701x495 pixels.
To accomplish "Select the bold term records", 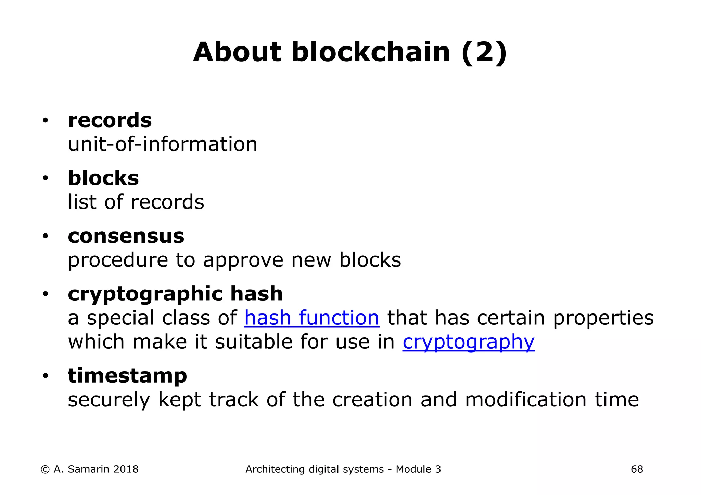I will pos(110,120).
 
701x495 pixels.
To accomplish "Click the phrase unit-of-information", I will pos(163,144).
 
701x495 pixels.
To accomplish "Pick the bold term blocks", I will pos(103,178).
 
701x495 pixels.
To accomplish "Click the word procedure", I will pos(118,260).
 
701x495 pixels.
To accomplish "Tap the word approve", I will pos(243,260).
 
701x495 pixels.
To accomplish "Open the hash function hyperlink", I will pos(311,318).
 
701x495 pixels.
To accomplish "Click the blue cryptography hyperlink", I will pos(468,342).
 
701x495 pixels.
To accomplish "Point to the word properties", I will pos(603,318).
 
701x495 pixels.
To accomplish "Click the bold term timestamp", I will pos(127,376).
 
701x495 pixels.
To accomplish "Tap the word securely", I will pos(109,400).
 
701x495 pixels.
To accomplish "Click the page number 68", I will pos(637,469).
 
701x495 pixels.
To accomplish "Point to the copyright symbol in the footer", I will pos(45,470).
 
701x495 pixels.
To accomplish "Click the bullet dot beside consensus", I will pos(45,237).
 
